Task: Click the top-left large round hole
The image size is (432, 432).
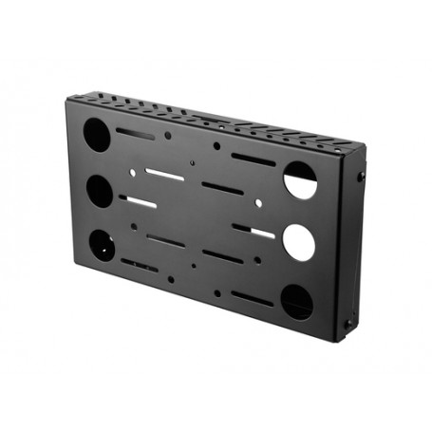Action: tap(99, 133)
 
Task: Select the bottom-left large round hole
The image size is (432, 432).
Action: tap(101, 247)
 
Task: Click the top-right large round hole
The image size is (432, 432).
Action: tap(299, 179)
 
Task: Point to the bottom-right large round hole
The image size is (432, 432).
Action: tap(296, 302)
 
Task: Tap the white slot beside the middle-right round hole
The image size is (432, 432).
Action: tap(254, 232)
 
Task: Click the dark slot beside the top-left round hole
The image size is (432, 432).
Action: tap(136, 135)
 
